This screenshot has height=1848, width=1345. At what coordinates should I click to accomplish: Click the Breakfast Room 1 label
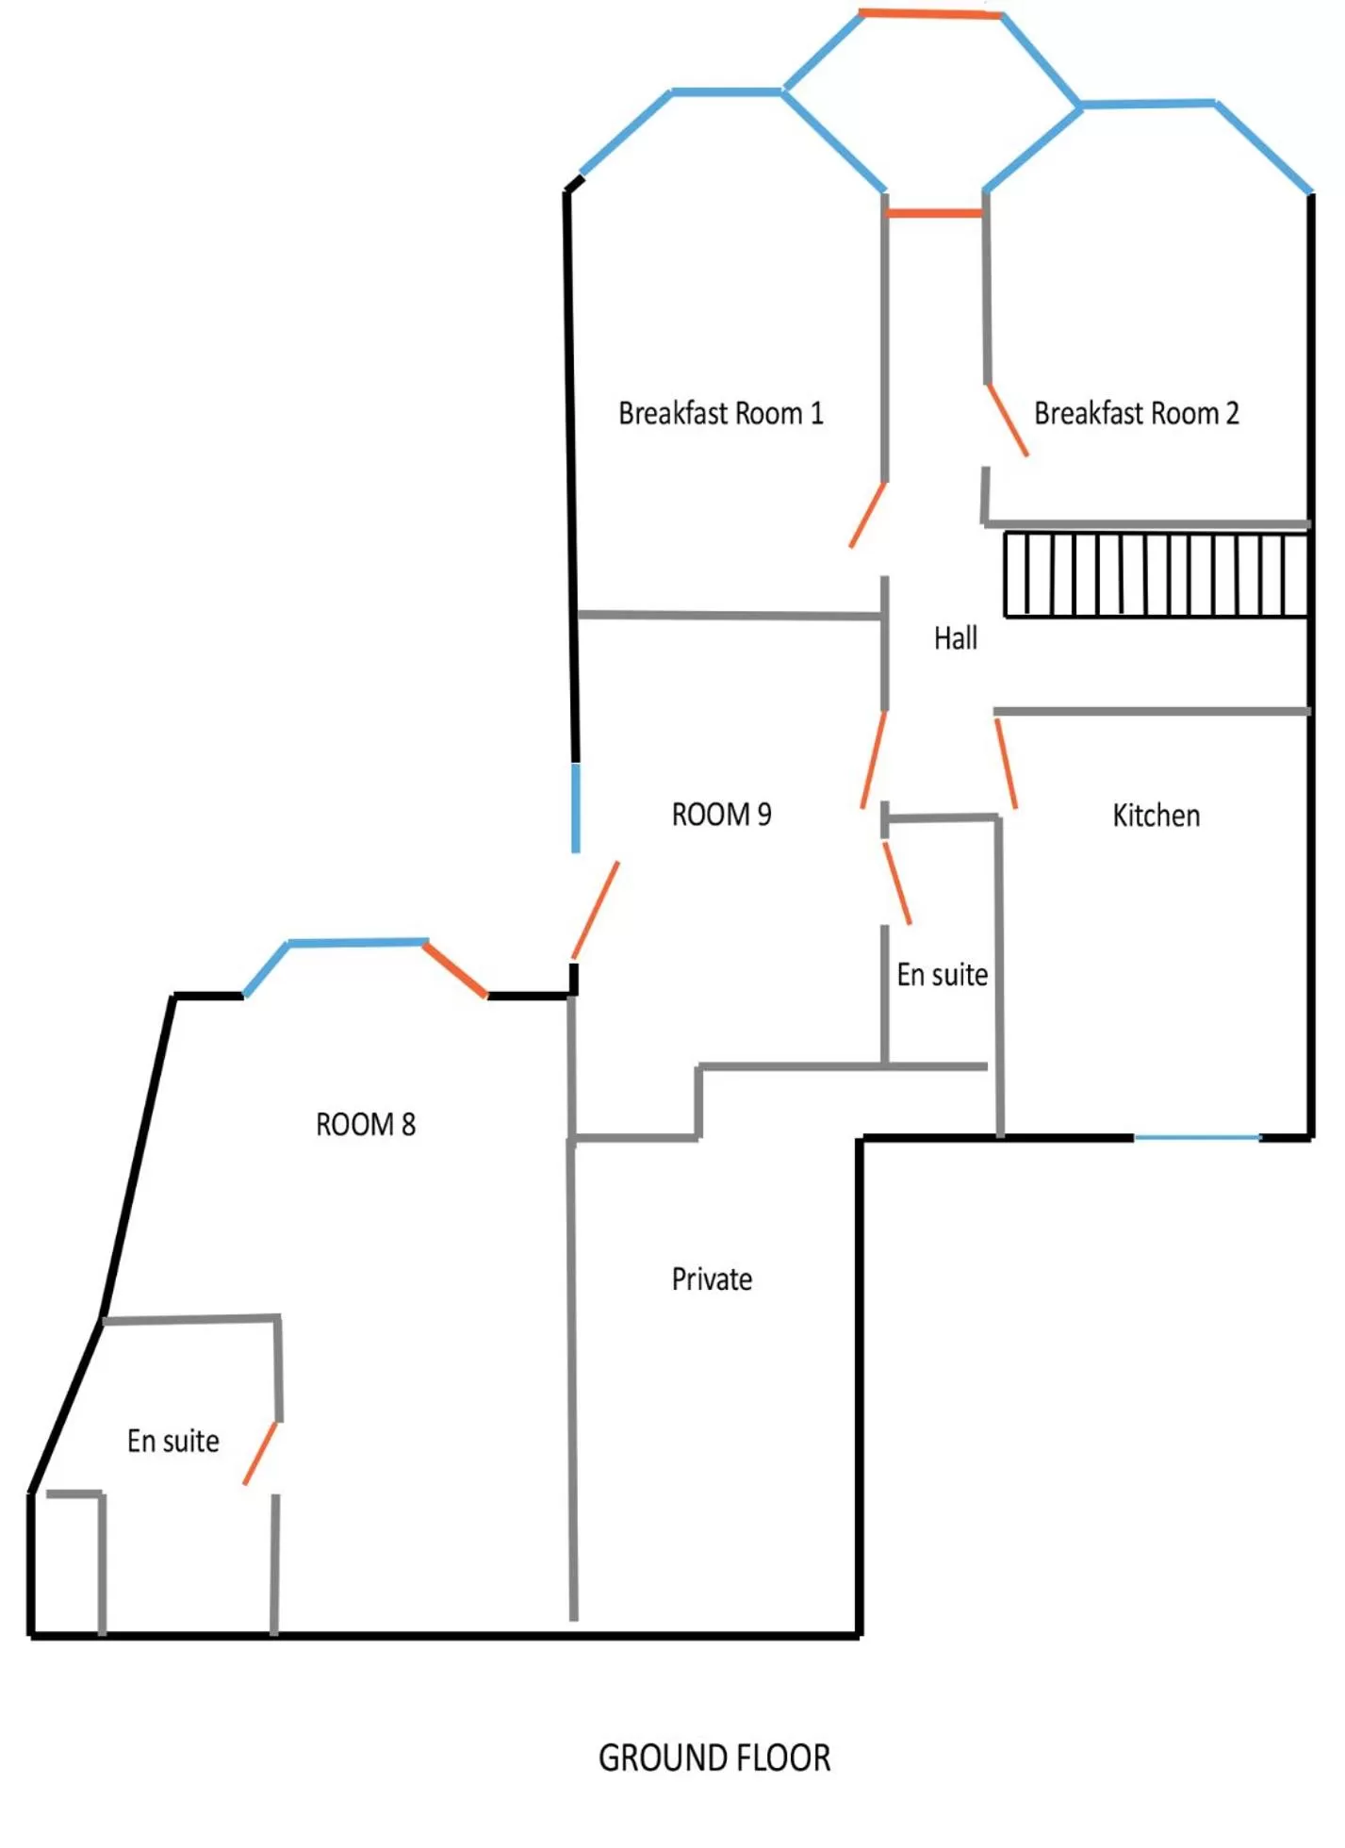coord(721,413)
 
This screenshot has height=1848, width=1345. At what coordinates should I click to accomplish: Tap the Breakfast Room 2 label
coord(1136,413)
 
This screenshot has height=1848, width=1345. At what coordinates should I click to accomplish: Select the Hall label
coord(955,638)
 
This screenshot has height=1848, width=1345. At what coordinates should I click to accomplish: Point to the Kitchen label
coord(1156,816)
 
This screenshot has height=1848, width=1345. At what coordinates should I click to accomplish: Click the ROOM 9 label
coord(721,815)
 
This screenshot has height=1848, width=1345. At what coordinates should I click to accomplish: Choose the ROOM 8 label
coord(366,1124)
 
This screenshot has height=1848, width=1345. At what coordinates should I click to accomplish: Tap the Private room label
coord(712,1279)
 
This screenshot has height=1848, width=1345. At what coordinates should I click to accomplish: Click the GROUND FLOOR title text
coord(714,1758)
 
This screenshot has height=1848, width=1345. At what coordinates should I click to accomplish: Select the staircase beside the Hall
coord(1156,575)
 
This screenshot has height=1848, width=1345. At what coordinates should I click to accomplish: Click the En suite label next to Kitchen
coord(942,974)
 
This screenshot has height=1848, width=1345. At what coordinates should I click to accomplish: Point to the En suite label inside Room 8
coord(173,1441)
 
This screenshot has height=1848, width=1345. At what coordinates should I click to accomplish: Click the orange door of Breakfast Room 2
coord(1007,421)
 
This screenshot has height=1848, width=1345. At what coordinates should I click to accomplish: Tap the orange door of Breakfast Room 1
coord(867,515)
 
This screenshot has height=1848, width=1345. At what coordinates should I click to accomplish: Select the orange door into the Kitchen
coord(1006,764)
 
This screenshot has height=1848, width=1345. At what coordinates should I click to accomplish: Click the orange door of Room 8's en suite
coord(260,1453)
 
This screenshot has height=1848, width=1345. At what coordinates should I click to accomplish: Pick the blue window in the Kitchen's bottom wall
coord(1196,1138)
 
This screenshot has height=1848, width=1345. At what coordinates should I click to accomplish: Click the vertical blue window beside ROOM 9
coord(576,807)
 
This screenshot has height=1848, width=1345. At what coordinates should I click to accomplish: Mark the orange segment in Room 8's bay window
coord(455,968)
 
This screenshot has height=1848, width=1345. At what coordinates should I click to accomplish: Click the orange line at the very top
coord(930,14)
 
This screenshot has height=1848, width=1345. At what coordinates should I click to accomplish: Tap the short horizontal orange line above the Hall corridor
coord(934,214)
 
